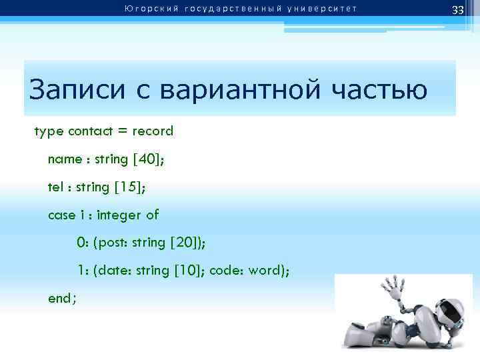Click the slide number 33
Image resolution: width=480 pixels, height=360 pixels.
click(457, 10)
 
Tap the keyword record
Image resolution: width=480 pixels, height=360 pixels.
click(153, 131)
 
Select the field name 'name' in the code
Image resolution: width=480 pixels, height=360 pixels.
click(65, 159)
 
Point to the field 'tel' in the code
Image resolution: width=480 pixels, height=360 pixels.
click(55, 187)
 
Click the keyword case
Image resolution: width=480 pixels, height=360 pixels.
click(62, 215)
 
